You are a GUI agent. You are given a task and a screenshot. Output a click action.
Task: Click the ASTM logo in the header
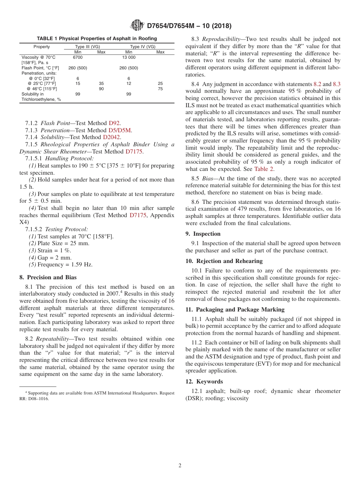point(137,25)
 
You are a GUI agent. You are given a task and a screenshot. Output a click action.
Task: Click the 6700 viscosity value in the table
point(78,57)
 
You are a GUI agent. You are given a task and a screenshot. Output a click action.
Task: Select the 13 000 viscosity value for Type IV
point(128,57)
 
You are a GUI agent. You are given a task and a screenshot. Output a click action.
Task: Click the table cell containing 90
point(101,89)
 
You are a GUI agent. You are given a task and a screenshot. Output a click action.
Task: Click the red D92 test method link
point(114,123)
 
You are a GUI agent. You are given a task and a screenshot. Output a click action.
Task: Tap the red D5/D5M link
point(119,130)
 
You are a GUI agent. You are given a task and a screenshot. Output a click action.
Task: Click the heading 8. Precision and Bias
point(48,277)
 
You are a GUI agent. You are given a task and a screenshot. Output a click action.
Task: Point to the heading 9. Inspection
point(203,234)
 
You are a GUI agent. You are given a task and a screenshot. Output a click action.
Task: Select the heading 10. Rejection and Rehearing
point(224,261)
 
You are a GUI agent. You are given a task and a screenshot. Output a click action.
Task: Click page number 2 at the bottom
point(180,466)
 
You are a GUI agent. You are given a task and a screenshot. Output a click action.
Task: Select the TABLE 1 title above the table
point(97,39)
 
